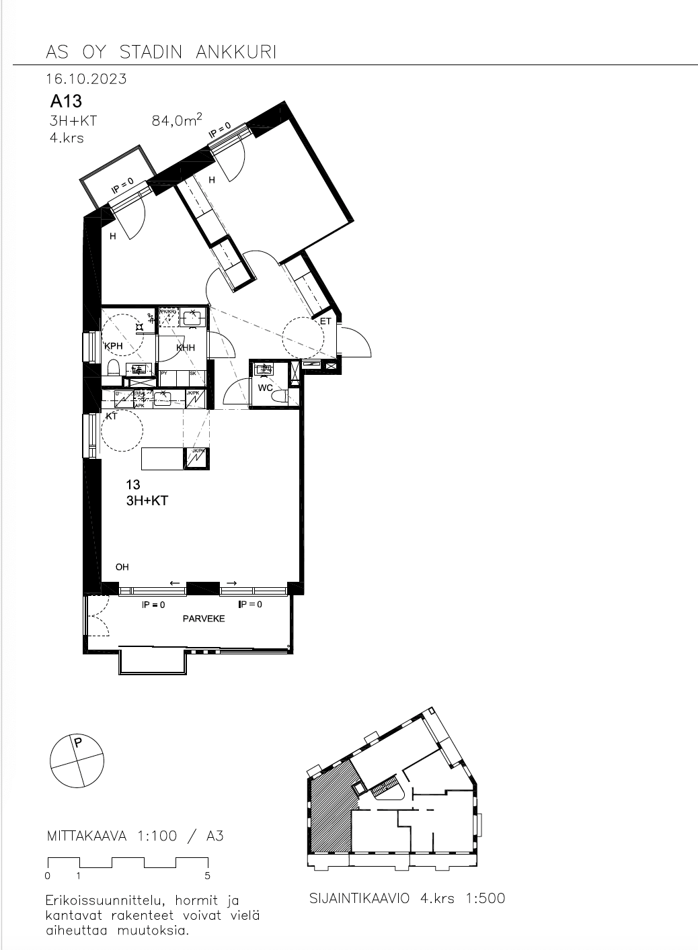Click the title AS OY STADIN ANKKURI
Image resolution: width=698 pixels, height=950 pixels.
click(161, 52)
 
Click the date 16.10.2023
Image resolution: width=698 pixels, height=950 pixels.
click(86, 79)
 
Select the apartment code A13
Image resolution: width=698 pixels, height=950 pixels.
click(66, 101)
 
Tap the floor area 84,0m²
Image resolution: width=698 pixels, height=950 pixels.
click(177, 121)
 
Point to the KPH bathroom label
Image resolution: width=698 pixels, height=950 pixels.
click(113, 346)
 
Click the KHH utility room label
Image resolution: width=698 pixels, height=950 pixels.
click(186, 348)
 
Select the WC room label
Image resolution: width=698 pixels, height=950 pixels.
click(265, 388)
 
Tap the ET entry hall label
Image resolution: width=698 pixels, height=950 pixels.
click(325, 322)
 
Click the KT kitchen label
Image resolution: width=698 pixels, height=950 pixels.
click(112, 417)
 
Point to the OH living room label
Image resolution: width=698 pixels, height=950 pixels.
click(122, 567)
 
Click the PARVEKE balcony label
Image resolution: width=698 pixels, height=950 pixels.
click(204, 619)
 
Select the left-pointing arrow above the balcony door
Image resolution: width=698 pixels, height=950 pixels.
click(175, 582)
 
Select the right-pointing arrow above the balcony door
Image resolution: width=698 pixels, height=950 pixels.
click(231, 582)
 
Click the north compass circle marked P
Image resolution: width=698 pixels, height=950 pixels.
click(77, 761)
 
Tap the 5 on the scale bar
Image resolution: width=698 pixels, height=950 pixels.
click(207, 875)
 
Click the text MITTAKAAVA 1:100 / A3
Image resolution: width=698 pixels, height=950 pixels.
click(135, 836)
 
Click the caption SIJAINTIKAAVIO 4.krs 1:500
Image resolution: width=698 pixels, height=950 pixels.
click(407, 898)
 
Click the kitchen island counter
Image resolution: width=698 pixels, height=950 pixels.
click(163, 459)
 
